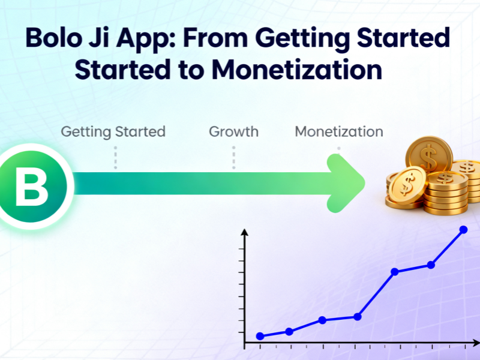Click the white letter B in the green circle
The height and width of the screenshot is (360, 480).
click(x=31, y=187)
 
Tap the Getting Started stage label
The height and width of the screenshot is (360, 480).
click(x=113, y=131)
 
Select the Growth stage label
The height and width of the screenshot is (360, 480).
click(x=233, y=131)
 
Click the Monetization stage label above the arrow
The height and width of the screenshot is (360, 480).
click(x=338, y=131)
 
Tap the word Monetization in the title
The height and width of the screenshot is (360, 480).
click(x=296, y=70)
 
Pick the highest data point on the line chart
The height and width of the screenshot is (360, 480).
click(x=463, y=229)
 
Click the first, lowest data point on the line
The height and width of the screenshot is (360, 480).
click(x=260, y=336)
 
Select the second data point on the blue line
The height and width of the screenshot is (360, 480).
click(x=289, y=331)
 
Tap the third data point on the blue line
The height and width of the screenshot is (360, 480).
click(x=322, y=320)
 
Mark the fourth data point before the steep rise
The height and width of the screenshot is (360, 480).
click(x=358, y=316)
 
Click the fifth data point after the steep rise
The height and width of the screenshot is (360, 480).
click(x=395, y=272)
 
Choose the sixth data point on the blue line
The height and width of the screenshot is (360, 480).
click(x=431, y=265)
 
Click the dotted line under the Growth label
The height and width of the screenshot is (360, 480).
click(x=233, y=157)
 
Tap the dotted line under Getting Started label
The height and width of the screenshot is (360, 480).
click(x=115, y=157)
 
